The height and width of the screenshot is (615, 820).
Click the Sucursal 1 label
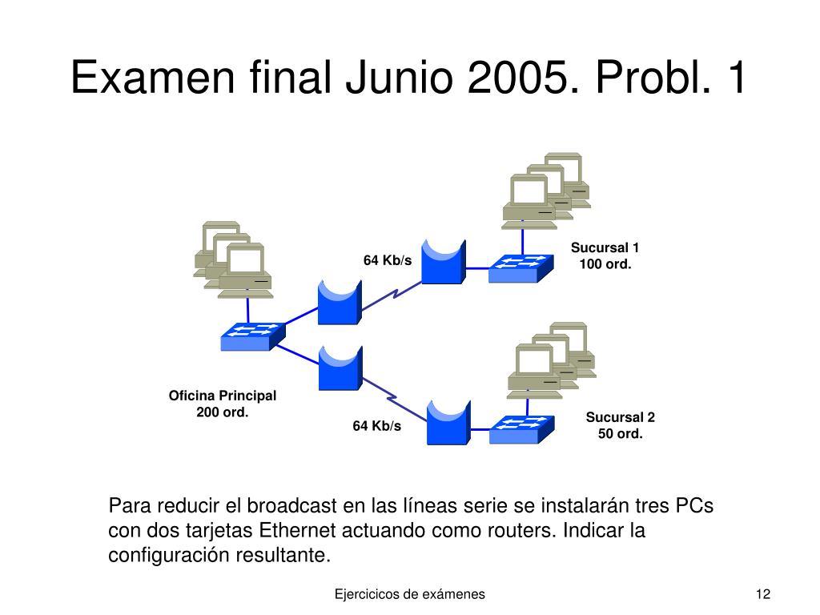click(x=605, y=247)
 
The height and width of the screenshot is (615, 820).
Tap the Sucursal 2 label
click(x=620, y=417)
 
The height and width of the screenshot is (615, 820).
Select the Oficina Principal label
click(x=222, y=396)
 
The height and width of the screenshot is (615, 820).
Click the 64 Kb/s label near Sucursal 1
click(x=388, y=260)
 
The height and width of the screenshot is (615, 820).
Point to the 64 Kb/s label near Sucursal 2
click(x=377, y=426)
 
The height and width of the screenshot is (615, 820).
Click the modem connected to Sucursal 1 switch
click(x=442, y=261)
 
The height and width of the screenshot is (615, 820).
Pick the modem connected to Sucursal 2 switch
click(x=447, y=422)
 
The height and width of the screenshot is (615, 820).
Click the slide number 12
click(x=762, y=593)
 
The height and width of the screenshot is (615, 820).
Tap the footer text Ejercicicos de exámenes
click(x=409, y=593)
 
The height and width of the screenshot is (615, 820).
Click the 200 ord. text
click(x=223, y=412)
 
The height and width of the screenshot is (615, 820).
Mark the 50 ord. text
click(x=621, y=434)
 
